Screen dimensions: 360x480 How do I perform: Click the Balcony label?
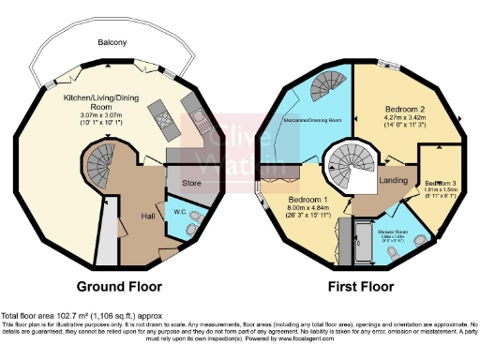(116, 43)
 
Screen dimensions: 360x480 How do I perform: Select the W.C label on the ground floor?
(177, 210)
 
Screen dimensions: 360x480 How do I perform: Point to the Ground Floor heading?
(119, 286)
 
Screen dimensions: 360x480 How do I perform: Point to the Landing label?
(391, 181)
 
